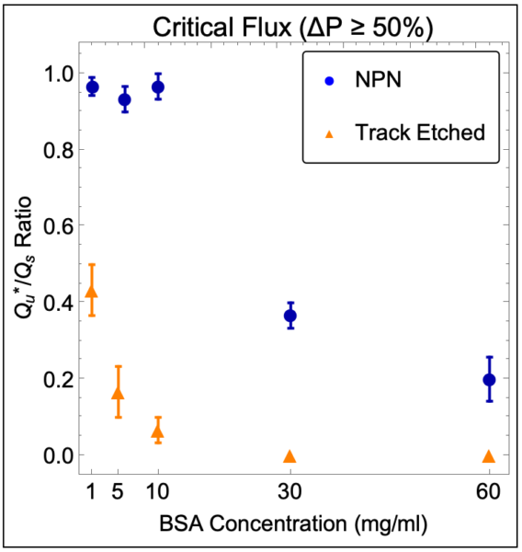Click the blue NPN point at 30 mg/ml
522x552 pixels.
290,316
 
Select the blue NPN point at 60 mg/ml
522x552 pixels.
489,380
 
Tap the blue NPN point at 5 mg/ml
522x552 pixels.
124,99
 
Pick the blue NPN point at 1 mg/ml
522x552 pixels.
93,87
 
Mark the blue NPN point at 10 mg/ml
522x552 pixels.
158,87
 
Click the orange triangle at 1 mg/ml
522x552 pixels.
92,293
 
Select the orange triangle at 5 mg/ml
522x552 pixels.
118,394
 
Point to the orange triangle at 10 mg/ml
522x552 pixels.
157,432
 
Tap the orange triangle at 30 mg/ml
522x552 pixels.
289,456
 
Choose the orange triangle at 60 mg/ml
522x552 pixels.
489,456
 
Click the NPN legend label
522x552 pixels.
378,79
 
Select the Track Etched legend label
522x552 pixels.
420,132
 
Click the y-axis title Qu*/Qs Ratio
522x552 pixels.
24,258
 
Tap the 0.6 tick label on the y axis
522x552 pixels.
59,225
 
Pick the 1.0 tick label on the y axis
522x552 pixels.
59,74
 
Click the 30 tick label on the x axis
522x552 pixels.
289,491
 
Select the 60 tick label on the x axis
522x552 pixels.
489,491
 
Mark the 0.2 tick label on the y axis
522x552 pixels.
59,379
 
